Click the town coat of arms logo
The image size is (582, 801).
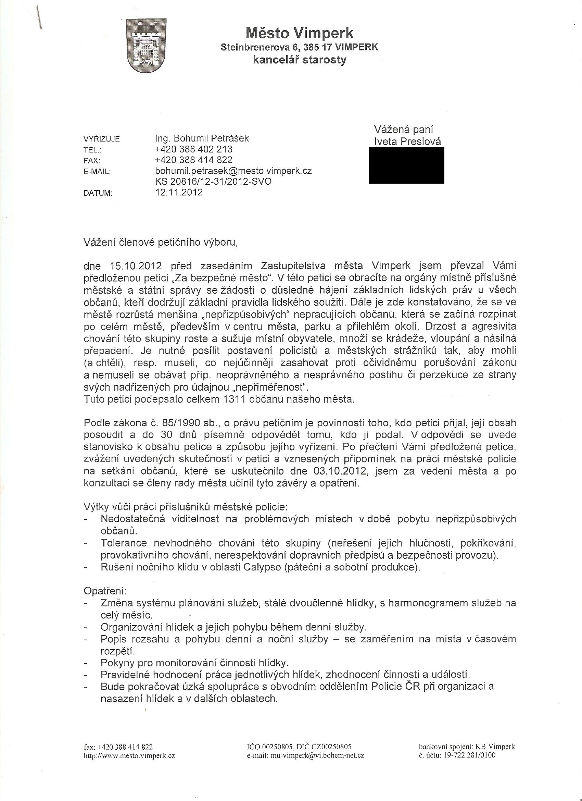point(146,46)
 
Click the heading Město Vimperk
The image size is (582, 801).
point(299,33)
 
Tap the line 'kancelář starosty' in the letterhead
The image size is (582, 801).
point(299,60)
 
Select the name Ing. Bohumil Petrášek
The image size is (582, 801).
point(202,138)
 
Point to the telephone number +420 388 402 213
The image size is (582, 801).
point(194,149)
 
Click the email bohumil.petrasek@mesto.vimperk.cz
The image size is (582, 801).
point(233,171)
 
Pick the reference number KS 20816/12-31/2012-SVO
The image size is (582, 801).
point(213,182)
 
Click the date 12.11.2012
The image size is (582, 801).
point(179,192)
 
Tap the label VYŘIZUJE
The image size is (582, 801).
point(102,139)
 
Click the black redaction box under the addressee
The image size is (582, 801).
point(407,165)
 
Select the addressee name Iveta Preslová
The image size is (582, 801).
point(408,141)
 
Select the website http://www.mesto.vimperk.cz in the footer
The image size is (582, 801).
point(129,756)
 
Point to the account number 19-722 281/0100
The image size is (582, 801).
point(461,755)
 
